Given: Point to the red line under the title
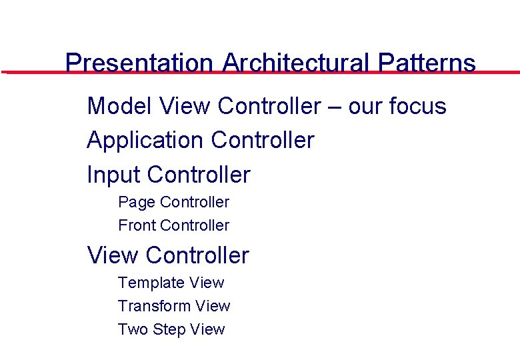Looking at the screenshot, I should (33, 72).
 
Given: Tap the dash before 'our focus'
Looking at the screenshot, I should (335, 107).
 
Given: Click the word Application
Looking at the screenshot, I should (145, 141).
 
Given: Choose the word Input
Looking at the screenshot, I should (113, 175).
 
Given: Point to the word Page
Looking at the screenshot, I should (137, 202).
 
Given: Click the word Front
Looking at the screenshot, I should (137, 225).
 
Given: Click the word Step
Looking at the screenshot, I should (169, 330).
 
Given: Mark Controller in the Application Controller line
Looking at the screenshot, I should (263, 141).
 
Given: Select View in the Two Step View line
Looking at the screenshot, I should (207, 329).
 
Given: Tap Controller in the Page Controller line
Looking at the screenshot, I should (195, 202).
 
